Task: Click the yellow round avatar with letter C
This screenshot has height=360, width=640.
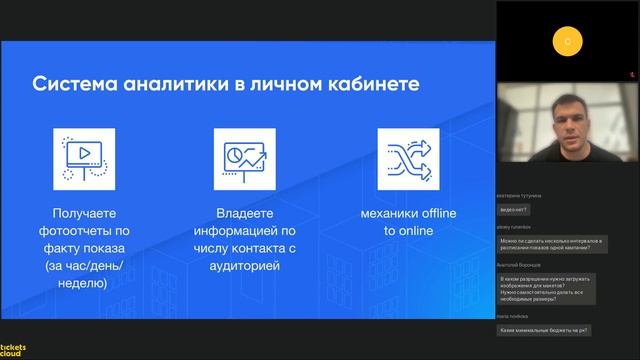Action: tap(568, 41)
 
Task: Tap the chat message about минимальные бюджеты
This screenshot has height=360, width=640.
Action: tap(544, 330)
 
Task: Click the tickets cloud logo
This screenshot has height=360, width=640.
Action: tap(14, 349)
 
